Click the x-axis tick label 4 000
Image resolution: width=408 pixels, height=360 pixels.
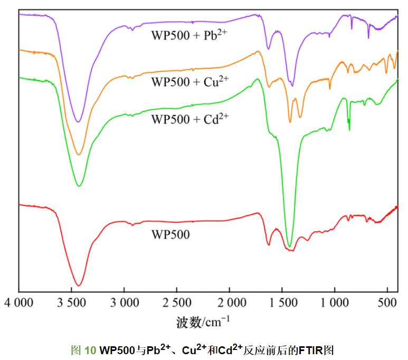tap(20, 303)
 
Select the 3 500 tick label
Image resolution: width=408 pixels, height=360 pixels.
tap(72, 303)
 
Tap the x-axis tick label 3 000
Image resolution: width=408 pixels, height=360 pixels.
tap(125, 303)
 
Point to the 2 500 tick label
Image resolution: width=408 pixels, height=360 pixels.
tap(177, 303)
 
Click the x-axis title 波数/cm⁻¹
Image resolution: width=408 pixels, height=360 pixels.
tap(203, 321)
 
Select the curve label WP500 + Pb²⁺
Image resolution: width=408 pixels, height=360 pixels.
tap(189, 36)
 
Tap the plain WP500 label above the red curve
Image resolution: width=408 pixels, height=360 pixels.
tap(170, 233)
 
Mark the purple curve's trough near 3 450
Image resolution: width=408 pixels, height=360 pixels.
tap(78, 122)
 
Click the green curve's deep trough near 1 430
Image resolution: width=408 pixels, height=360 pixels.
tap(289, 246)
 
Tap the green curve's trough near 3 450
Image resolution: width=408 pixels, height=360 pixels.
tap(78, 186)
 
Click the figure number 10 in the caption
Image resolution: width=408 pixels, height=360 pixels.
tap(90, 349)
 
